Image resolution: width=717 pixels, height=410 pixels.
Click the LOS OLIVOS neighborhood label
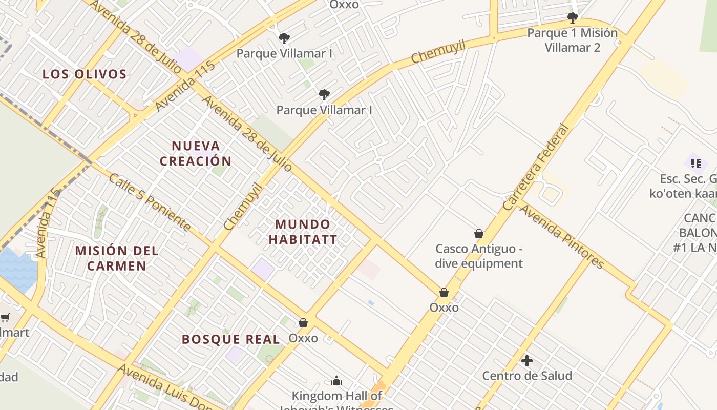point(85,74)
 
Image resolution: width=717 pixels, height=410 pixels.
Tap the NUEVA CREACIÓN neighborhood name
point(196,153)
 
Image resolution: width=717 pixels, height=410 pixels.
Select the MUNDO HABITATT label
point(303,232)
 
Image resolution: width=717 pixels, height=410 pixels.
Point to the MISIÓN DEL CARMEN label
point(117,258)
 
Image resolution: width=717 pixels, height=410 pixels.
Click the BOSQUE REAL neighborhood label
point(231,339)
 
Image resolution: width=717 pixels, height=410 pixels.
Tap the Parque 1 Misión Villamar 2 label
point(572,40)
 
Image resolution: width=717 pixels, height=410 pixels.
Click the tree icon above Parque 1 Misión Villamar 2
point(572,18)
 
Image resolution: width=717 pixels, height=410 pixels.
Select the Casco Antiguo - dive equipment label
point(479,256)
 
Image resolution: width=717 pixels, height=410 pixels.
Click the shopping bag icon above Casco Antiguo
point(479,234)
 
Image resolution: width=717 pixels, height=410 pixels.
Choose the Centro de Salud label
point(527,376)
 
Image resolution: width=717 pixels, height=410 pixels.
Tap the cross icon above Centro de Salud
point(527,361)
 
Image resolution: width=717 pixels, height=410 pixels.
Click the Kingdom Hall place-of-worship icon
point(336,381)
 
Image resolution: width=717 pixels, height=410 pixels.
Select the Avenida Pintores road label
point(562,236)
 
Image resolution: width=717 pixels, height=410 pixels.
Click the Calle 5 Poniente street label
point(150,202)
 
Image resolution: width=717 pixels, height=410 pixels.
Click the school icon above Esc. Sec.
point(695,163)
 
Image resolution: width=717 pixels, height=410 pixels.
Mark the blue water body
point(18,269)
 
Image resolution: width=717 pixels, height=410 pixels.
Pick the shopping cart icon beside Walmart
point(5,317)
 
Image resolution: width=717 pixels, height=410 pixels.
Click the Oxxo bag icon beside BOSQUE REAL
point(303,323)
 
